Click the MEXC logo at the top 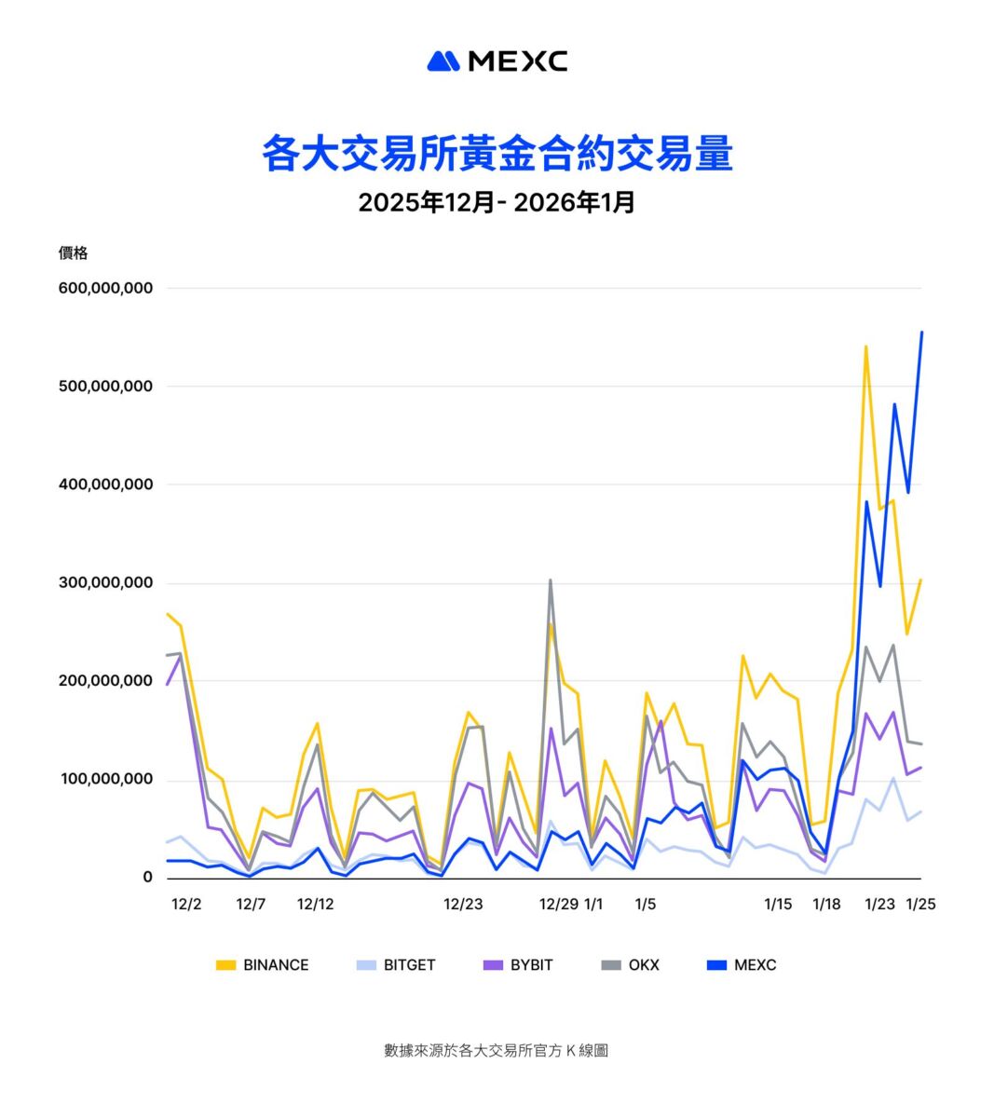497,61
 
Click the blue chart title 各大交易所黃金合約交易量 497,154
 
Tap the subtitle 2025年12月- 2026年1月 497,202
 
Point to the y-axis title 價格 73,252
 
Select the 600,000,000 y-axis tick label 105,288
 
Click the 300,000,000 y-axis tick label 105,583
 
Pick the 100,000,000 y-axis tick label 105,780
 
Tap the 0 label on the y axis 147,878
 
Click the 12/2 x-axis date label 186,904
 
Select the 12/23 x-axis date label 463,904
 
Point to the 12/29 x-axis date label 559,904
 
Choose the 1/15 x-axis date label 778,904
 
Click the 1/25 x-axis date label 920,904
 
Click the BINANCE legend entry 263,965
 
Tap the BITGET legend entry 397,965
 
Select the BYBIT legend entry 519,965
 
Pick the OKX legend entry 631,965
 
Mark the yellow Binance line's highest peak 865,347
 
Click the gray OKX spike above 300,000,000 550,580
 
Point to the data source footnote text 497,1050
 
